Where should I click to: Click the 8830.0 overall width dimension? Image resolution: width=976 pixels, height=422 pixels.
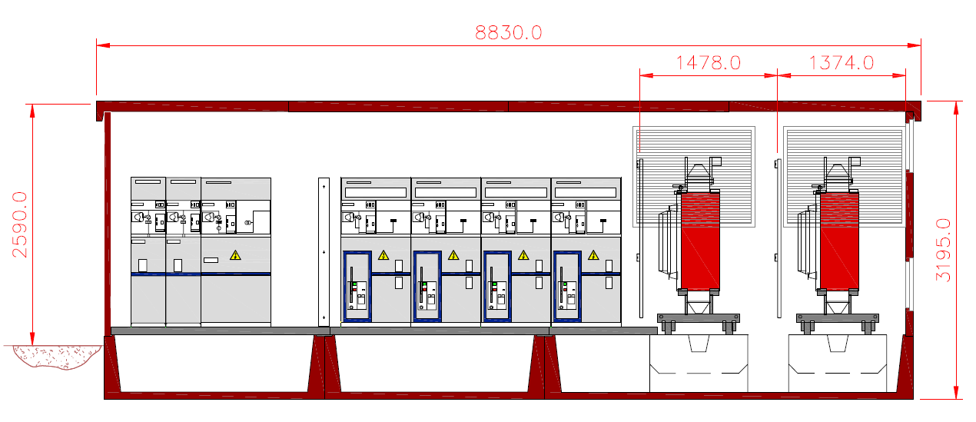coord(508,33)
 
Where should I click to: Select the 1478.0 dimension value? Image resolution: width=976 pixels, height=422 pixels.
coord(708,63)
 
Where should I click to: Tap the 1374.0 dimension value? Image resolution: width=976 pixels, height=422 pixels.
coord(842,63)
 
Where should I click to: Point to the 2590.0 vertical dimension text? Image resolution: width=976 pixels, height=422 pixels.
coord(20,224)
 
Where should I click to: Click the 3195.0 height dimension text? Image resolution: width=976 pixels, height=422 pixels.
coord(943,250)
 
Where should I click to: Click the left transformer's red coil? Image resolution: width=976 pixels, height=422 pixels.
coord(700,241)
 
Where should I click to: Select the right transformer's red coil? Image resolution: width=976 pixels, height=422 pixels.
coord(839,241)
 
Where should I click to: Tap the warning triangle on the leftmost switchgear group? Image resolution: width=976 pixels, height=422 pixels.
coord(235,255)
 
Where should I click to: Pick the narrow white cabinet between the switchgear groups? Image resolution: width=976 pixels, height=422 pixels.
coord(324,251)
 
